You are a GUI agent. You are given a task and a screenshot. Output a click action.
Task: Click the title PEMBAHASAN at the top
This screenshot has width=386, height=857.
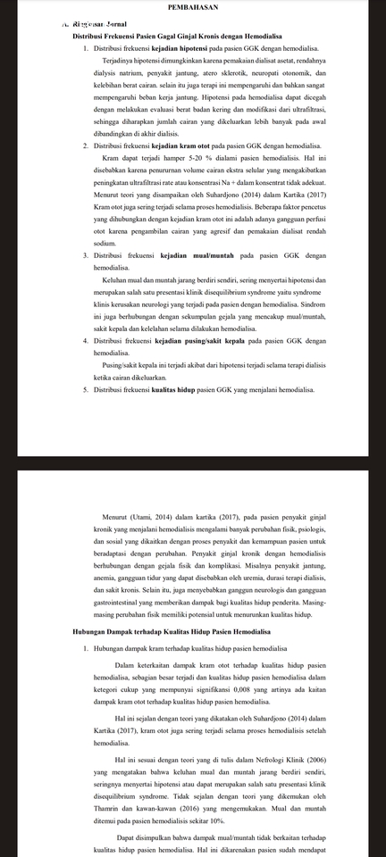192,6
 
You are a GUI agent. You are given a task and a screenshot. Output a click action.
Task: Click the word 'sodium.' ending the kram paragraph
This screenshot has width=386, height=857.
104,243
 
